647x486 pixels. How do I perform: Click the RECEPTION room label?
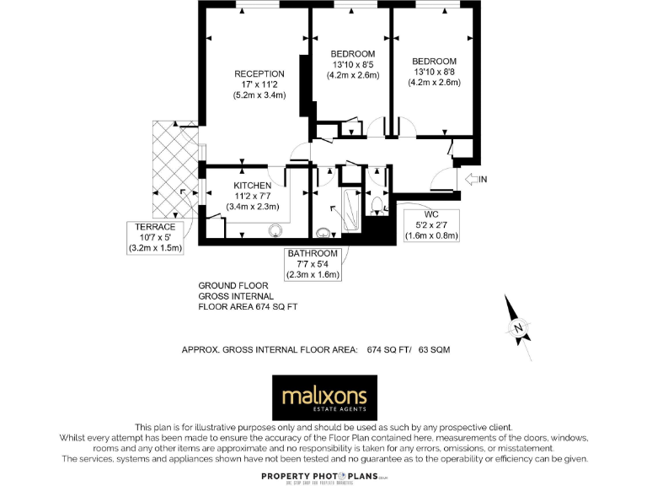click(x=259, y=73)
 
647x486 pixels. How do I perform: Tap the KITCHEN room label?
click(x=252, y=185)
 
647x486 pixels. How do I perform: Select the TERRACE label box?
click(x=155, y=237)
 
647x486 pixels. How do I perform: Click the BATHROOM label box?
click(x=313, y=263)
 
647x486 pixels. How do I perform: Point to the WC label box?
click(x=430, y=224)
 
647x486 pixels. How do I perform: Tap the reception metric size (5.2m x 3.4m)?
click(x=259, y=95)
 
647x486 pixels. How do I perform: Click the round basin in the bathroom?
click(x=323, y=232)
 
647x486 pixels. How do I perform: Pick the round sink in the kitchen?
click(x=275, y=229)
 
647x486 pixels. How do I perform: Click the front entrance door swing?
click(x=440, y=179)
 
